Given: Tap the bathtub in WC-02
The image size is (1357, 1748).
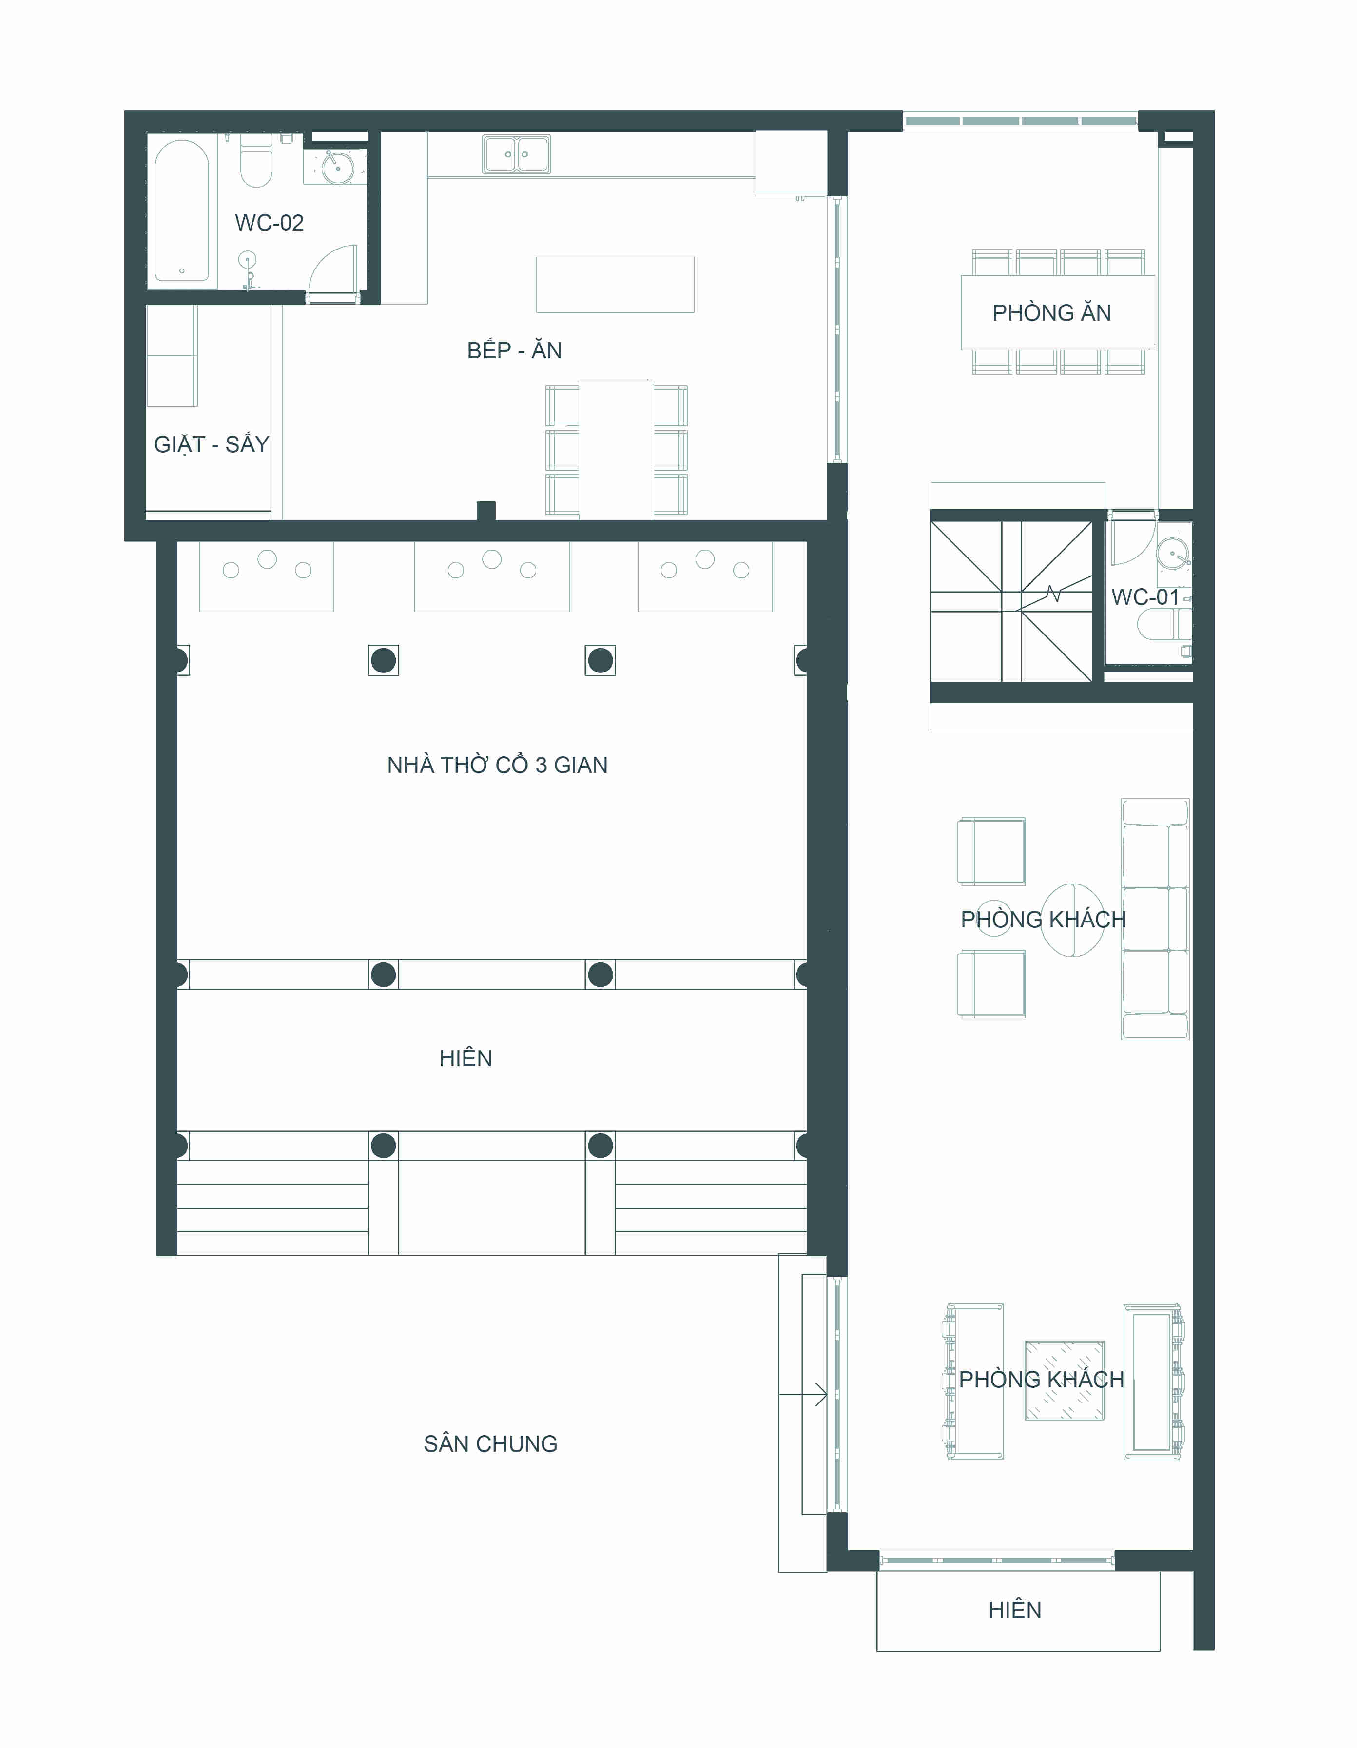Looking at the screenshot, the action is click(x=182, y=211).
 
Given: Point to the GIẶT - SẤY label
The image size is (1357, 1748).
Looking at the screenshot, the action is click(x=212, y=445).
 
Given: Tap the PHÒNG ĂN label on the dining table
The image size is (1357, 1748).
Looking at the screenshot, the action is click(x=1051, y=313).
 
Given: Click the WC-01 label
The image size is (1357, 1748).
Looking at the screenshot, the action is click(x=1145, y=597).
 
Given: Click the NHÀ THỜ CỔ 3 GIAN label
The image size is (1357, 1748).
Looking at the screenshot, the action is click(x=497, y=765).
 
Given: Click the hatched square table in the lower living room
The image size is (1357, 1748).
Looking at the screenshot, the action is click(x=1064, y=1381).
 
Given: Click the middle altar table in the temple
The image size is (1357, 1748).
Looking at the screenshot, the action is click(x=491, y=576).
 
